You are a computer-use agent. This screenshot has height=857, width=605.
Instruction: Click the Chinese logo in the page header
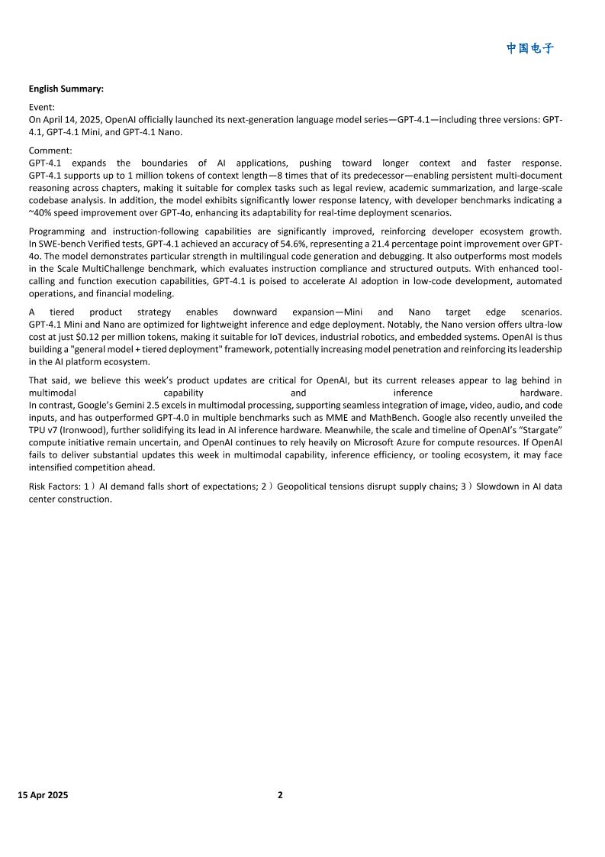[530, 49]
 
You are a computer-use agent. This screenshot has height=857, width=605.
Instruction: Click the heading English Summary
[66, 89]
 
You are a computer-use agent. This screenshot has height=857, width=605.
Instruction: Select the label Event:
[42, 108]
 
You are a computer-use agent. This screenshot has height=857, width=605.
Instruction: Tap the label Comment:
[50, 151]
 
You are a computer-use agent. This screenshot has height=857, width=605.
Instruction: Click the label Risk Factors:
[54, 487]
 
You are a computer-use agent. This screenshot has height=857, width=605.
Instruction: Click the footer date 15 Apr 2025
[43, 795]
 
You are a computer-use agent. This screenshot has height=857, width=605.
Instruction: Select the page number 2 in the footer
[280, 795]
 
